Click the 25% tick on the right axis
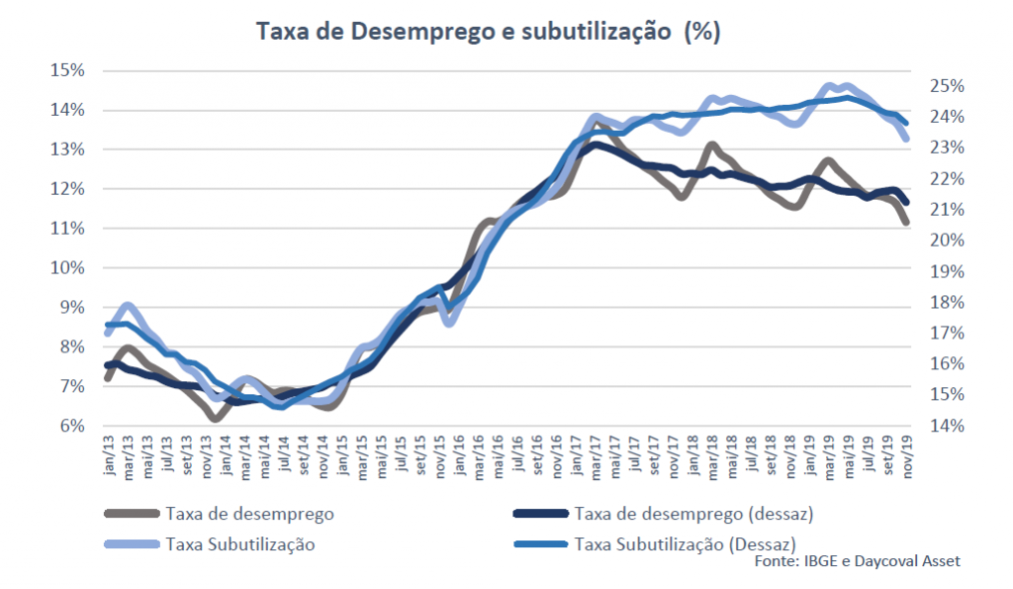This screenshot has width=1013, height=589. click(x=946, y=86)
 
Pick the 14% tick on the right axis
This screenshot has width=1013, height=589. click(x=946, y=426)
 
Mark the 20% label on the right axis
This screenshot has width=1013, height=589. click(x=946, y=241)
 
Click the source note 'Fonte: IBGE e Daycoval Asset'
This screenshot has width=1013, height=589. click(x=857, y=561)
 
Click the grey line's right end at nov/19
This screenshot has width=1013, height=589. click(x=906, y=224)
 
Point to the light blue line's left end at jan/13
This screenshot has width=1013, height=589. click(x=107, y=334)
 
